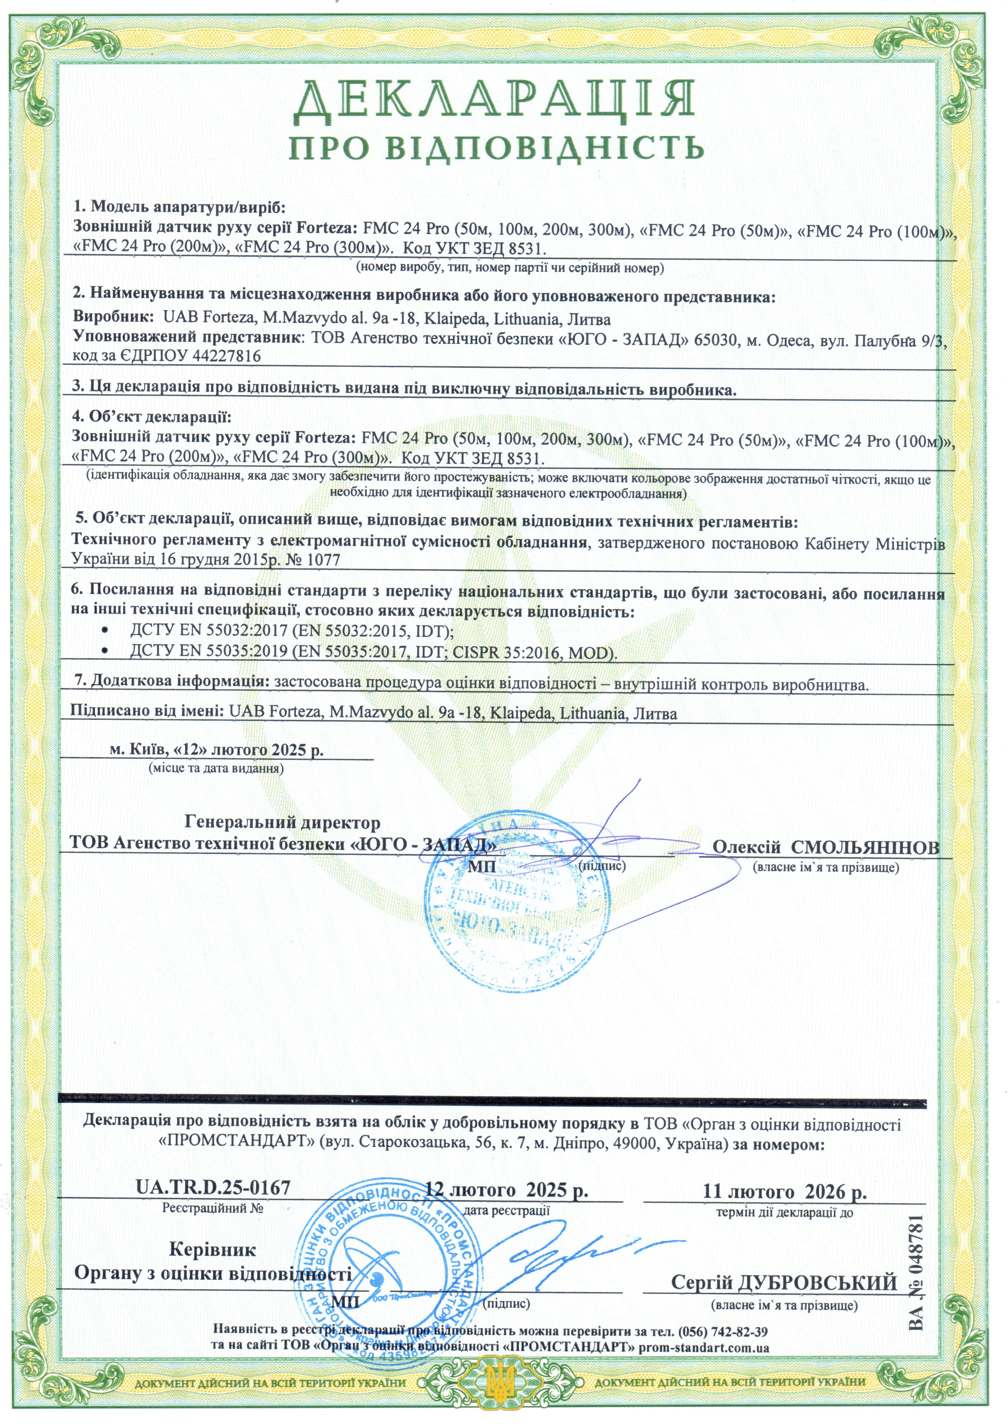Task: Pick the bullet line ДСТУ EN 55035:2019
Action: tap(373, 652)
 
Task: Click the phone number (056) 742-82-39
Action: tap(724, 1331)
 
